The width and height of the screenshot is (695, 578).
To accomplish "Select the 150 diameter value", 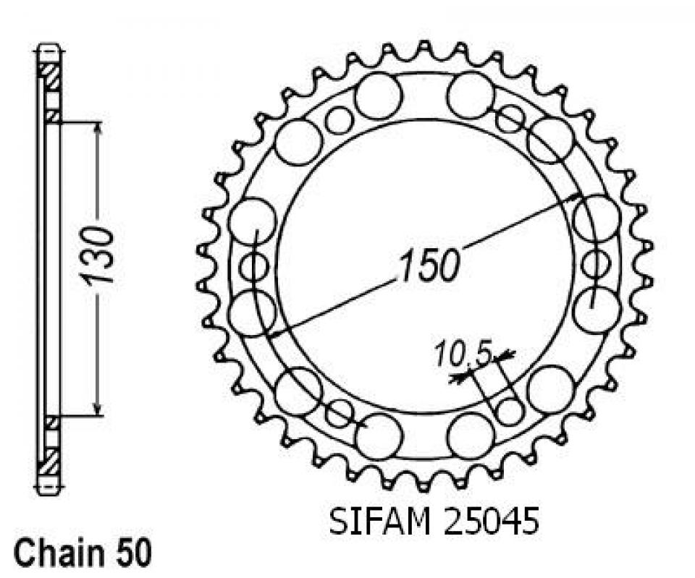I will click(x=428, y=265).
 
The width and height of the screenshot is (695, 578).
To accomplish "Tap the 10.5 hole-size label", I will click(x=463, y=354).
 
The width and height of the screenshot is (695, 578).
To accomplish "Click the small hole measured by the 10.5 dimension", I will click(x=511, y=412).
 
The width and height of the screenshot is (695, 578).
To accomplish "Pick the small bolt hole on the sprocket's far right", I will click(x=594, y=263).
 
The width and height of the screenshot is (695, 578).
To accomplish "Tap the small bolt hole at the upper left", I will click(x=338, y=120).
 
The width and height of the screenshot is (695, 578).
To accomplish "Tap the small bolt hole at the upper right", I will click(x=510, y=119).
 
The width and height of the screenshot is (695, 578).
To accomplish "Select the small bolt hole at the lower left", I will click(x=338, y=413).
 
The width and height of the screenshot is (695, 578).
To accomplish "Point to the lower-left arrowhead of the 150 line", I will click(x=273, y=334).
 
